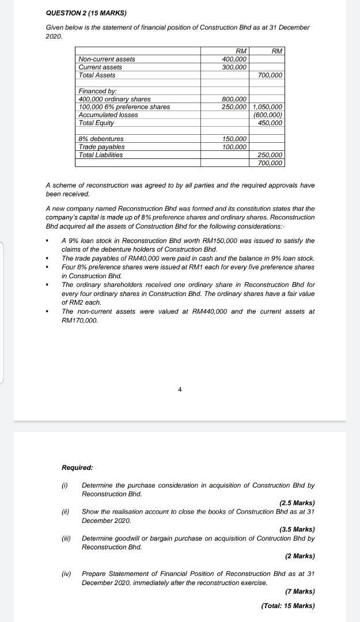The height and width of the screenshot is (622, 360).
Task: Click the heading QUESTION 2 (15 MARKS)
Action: [x=86, y=13]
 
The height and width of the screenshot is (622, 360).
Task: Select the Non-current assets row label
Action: [x=107, y=59]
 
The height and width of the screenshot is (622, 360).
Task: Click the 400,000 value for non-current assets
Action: [x=234, y=59]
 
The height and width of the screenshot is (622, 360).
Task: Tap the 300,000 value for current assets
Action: [x=234, y=67]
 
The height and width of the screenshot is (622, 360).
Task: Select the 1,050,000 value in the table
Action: [x=268, y=107]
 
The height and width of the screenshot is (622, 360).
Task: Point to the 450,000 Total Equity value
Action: [x=270, y=123]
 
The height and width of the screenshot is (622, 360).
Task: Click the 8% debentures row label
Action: [x=101, y=139]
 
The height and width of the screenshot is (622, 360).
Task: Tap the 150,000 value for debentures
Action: [x=234, y=139]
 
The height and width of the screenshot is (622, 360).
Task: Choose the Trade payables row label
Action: [x=101, y=147]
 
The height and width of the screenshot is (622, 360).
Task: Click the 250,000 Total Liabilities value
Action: [x=270, y=155]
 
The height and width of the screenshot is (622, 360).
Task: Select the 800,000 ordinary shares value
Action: [x=234, y=99]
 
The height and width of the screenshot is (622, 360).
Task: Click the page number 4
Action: [x=180, y=390]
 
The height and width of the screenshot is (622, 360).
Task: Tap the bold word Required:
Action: [x=77, y=468]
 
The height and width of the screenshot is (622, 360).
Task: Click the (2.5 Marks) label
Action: [x=297, y=503]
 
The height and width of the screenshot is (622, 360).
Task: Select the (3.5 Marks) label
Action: [x=297, y=529]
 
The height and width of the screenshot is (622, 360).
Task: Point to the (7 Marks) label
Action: [x=300, y=591]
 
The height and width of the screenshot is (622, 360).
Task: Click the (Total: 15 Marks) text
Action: [x=287, y=605]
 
